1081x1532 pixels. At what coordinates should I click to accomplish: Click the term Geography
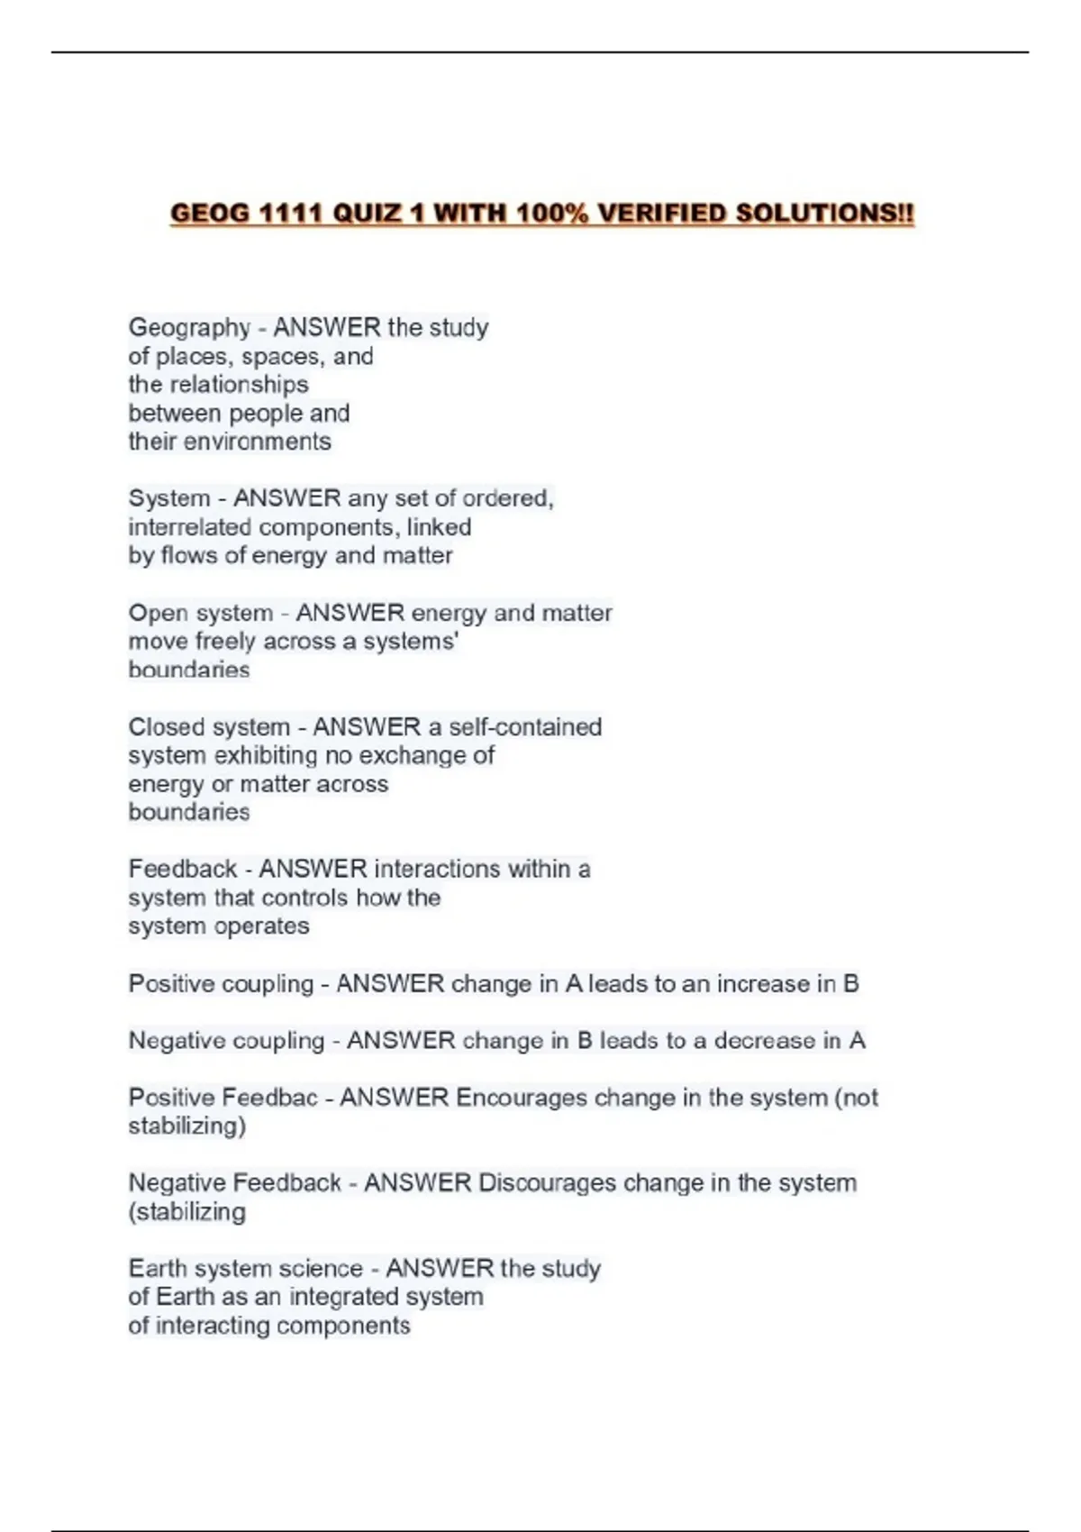189,327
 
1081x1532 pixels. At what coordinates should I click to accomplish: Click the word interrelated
189,527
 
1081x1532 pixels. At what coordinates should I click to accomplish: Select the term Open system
200,613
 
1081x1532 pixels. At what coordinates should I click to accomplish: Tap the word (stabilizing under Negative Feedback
187,1212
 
